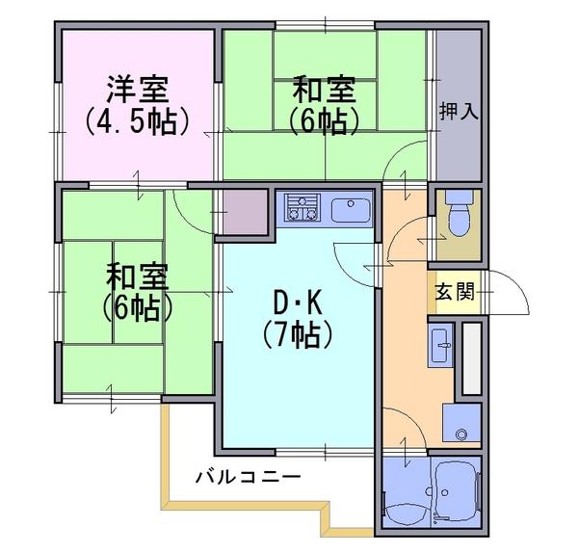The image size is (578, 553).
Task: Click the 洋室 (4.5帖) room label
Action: click(x=138, y=105)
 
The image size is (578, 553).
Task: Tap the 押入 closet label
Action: click(x=459, y=112)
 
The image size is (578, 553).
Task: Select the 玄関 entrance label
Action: click(x=455, y=292)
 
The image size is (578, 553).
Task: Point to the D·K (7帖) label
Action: click(x=298, y=319)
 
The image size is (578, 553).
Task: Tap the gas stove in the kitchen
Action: click(x=302, y=207)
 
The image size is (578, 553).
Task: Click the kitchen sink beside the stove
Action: click(x=351, y=210)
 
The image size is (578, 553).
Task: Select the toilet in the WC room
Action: click(x=459, y=214)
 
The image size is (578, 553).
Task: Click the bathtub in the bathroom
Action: click(x=458, y=491)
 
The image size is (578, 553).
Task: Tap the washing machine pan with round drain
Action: click(x=461, y=423)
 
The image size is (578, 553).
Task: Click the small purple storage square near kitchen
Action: click(x=245, y=212)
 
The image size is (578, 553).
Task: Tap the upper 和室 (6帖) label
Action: click(x=324, y=105)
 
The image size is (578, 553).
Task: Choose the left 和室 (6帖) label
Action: click(x=137, y=291)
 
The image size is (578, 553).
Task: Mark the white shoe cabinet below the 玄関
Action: click(x=472, y=358)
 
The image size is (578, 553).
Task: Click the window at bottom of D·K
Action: click(x=326, y=451)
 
